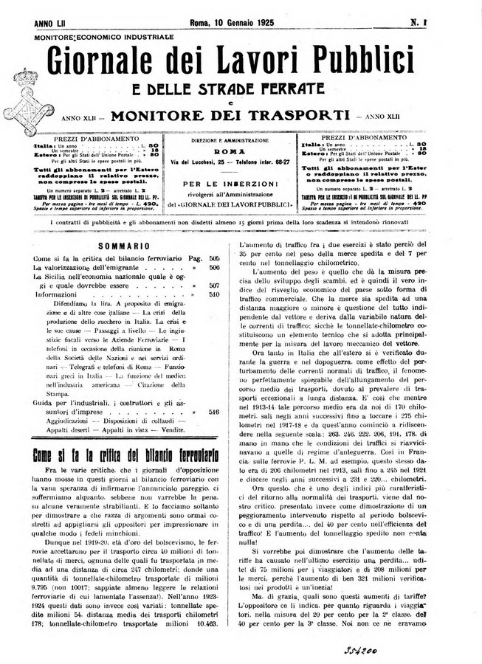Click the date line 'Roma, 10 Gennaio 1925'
[240, 24]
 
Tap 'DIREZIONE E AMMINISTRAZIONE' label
[240, 139]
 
